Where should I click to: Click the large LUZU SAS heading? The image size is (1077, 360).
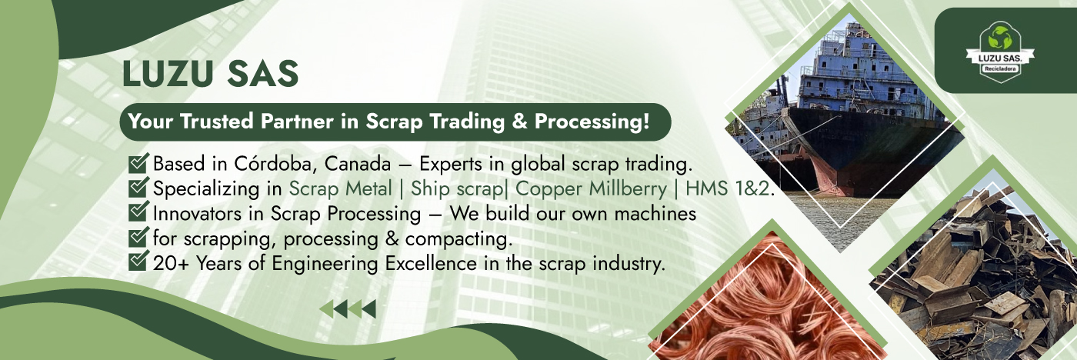click(211, 74)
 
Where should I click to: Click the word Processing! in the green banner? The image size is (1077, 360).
click(592, 122)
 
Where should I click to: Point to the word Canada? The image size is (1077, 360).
click(358, 165)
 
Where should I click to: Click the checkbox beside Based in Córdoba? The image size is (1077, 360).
click(138, 163)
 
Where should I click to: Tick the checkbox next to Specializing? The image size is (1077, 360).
click(138, 188)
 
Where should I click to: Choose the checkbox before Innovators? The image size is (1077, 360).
click(138, 212)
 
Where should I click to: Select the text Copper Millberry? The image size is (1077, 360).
click(591, 189)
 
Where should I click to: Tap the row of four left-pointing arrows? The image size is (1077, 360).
click(348, 309)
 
